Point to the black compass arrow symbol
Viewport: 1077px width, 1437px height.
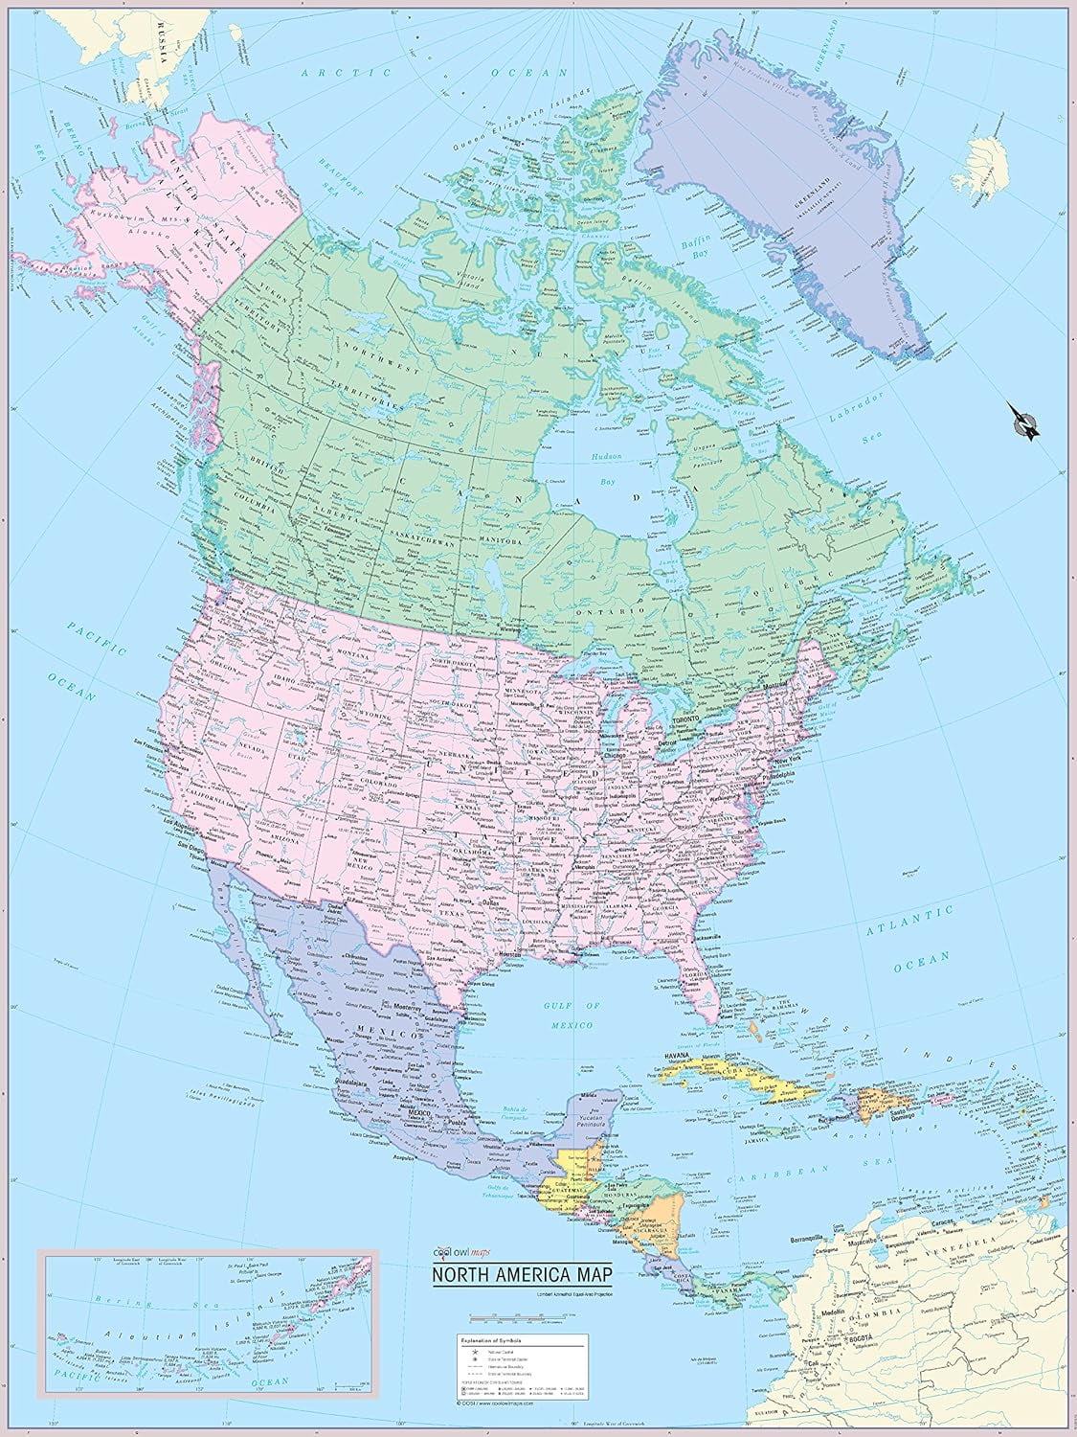pos(1023,422)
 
